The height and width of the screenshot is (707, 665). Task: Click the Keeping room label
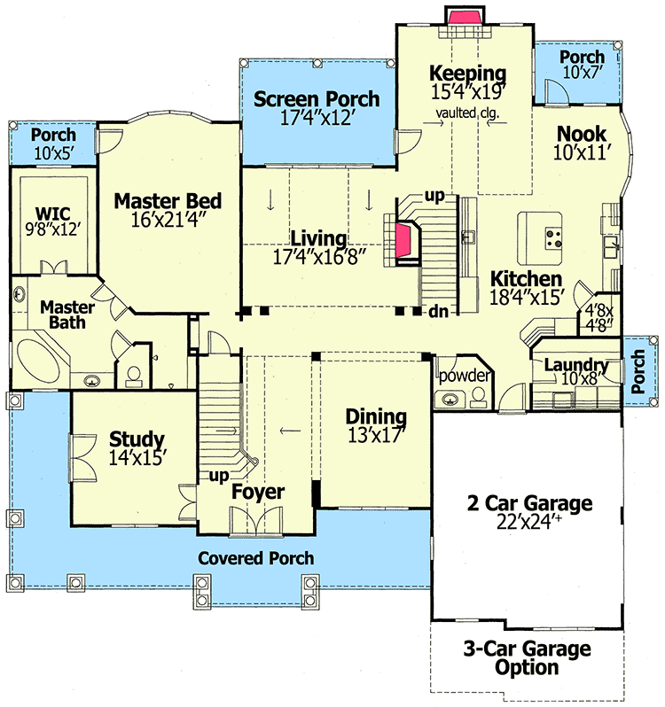coord(467,74)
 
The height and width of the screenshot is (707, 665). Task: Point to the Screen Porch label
coord(317,98)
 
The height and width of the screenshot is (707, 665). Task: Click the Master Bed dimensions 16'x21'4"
coord(168,221)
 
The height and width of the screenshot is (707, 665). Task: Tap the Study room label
coord(137,439)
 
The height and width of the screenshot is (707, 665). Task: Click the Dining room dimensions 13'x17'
coord(376,436)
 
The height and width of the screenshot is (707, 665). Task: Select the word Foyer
coord(258,492)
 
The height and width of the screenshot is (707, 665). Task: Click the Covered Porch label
coord(255,558)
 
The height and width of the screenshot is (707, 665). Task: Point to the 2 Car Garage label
coord(530,504)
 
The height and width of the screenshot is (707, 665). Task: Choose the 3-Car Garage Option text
coord(527,658)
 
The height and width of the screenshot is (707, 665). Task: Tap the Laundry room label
coord(575,365)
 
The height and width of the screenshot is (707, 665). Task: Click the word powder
coord(465,376)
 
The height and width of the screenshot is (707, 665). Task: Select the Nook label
coord(581,134)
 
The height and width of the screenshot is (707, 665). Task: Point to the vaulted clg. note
coord(466,113)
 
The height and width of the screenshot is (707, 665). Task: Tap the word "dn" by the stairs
coord(437,312)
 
